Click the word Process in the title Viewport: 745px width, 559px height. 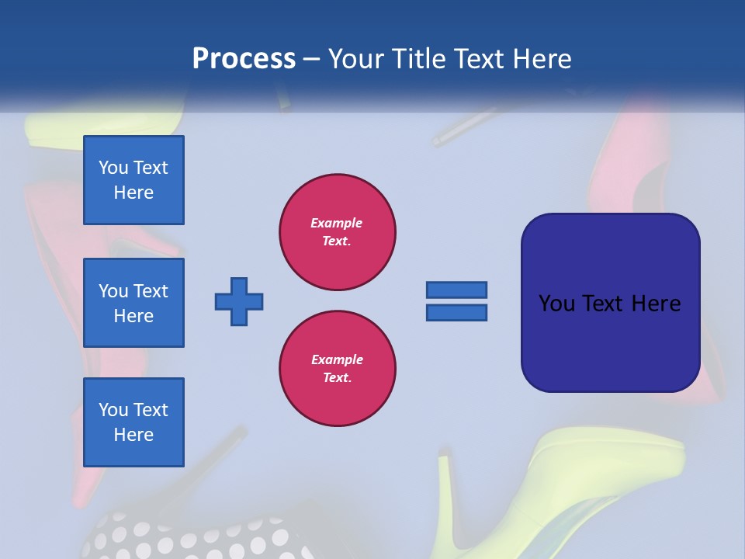(x=244, y=59)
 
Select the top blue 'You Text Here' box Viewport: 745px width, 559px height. (x=133, y=180)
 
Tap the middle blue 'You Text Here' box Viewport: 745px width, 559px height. (x=133, y=303)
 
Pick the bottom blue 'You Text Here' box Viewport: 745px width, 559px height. (x=133, y=422)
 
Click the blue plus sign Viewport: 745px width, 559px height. (x=239, y=301)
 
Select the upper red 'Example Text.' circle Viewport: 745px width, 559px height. (x=337, y=231)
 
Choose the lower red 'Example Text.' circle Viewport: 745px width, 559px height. (x=337, y=368)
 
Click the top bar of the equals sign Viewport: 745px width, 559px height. (x=456, y=290)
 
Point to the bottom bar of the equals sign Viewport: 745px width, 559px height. (x=456, y=313)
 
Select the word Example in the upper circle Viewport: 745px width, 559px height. (x=337, y=223)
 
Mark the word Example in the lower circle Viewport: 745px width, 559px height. (x=337, y=359)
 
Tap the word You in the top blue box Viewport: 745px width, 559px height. (x=113, y=168)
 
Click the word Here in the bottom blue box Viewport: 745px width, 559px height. (x=133, y=435)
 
